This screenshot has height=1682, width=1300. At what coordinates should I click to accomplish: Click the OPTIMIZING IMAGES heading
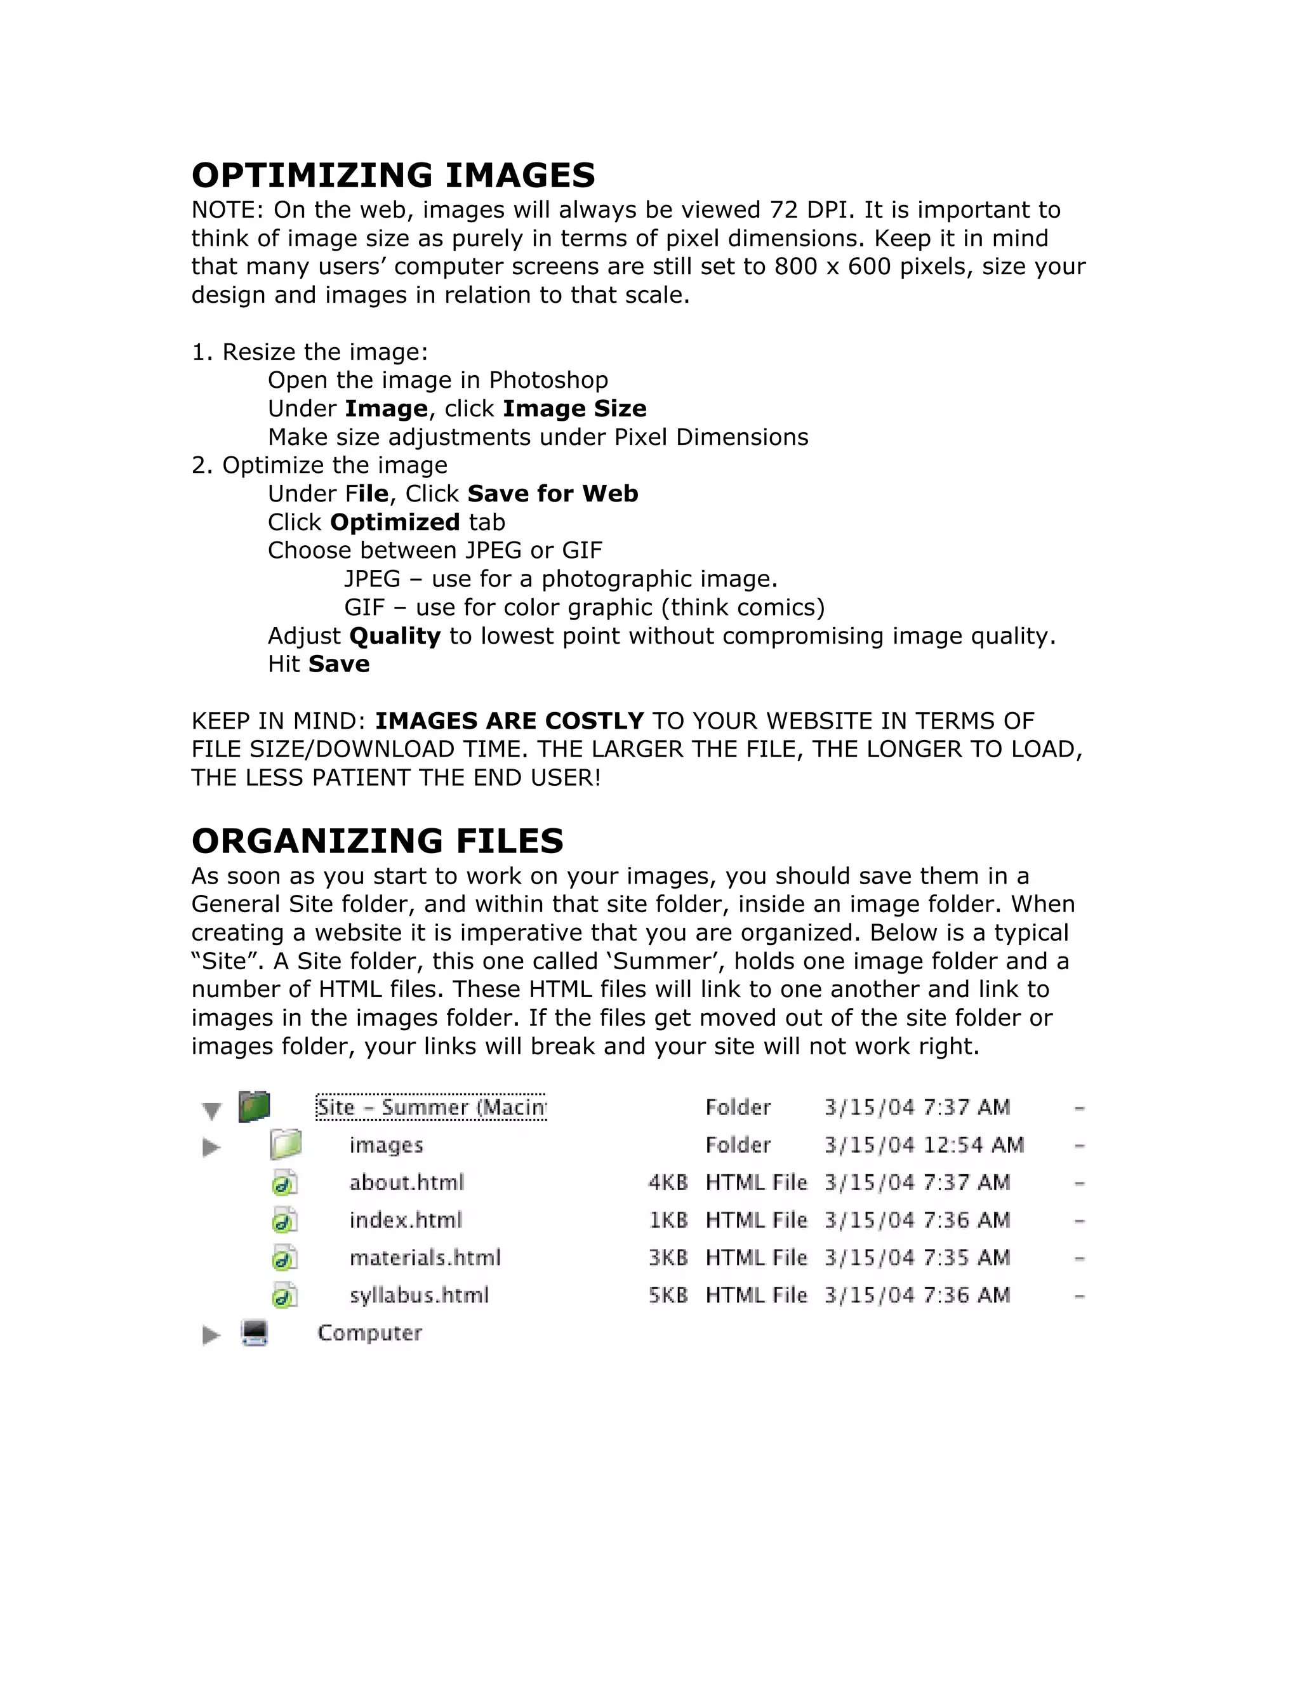coord(393,176)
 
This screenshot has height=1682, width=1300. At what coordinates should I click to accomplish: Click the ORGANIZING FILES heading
coord(378,841)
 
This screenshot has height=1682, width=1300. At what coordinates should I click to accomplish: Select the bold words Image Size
coord(574,409)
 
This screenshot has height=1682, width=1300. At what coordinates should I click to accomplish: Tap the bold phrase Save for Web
coord(552,494)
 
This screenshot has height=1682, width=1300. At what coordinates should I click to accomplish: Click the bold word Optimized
coord(394,522)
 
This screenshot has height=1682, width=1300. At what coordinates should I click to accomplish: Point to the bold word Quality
coord(394,636)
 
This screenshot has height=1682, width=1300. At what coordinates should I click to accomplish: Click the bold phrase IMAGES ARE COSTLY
coord(509,721)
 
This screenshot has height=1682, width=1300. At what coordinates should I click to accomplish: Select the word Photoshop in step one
coord(548,380)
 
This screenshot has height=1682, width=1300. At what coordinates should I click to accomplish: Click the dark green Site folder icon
coord(254,1107)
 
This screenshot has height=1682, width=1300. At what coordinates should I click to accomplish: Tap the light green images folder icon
coord(285,1145)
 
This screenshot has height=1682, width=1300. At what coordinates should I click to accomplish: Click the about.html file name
coord(407,1183)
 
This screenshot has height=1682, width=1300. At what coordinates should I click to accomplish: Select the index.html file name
coord(405,1221)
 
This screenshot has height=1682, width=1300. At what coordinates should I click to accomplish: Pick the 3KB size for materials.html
coord(667,1257)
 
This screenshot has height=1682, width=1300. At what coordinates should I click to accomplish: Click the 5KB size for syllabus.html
coord(667,1295)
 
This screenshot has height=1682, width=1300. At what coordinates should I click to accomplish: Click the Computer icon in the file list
coord(254,1333)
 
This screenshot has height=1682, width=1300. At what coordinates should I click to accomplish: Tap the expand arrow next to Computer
coord(210,1335)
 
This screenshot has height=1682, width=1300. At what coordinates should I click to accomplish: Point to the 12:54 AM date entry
coord(924,1145)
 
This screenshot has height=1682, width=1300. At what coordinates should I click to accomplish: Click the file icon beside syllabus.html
coord(284,1295)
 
